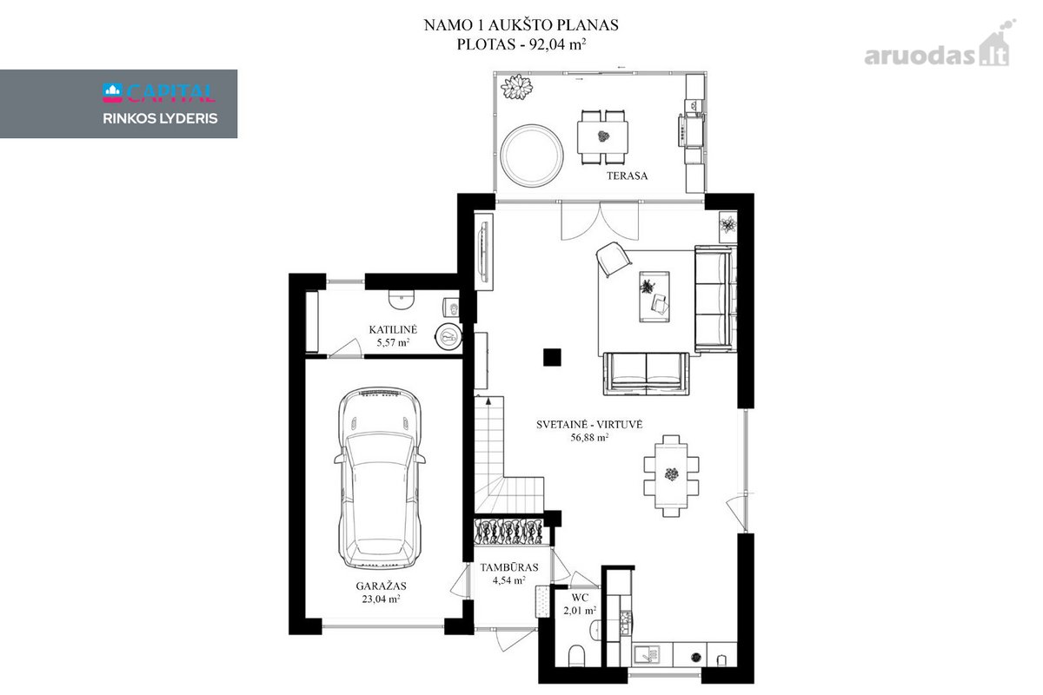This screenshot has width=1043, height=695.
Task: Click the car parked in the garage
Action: point(380,479)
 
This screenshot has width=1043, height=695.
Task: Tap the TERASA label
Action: point(627,176)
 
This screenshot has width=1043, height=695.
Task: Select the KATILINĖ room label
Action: point(393,329)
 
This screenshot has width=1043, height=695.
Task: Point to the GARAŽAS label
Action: point(381,586)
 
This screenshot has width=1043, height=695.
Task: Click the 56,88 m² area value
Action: point(589,437)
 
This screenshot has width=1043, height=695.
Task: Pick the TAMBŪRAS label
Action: point(509,567)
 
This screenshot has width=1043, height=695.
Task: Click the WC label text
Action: point(580,597)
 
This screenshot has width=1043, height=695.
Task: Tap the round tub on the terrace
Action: point(532,156)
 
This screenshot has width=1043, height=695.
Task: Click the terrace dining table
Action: point(602,136)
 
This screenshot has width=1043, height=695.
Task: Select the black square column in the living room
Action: point(552,358)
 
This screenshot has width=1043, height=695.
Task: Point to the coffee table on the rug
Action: point(654,296)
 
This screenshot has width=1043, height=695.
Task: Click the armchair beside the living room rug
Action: point(614,259)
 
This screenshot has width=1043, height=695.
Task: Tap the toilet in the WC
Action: point(576,657)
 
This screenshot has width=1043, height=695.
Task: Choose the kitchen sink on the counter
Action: point(648,653)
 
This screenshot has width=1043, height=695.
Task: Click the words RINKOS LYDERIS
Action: point(160,118)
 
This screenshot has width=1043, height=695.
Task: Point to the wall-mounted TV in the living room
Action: point(483,252)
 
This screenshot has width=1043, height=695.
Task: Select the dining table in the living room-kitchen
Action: point(671,475)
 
